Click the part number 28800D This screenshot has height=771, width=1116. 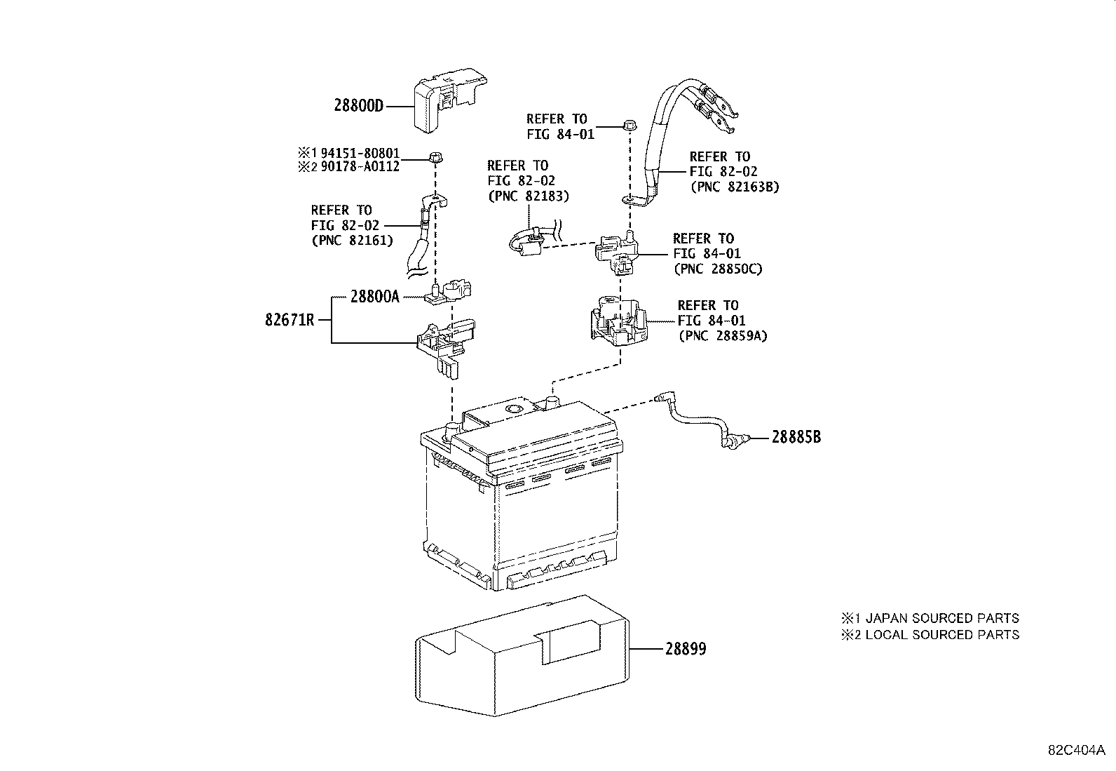pyautogui.click(x=359, y=107)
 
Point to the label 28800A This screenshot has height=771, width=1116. pyautogui.click(x=374, y=297)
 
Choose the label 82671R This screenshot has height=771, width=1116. pyautogui.click(x=290, y=321)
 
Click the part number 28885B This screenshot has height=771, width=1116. pyautogui.click(x=796, y=437)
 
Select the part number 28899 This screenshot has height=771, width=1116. pyautogui.click(x=686, y=649)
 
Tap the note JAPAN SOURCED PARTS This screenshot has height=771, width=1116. pyautogui.click(x=941, y=618)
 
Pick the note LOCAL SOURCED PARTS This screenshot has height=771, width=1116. pyautogui.click(x=941, y=635)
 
